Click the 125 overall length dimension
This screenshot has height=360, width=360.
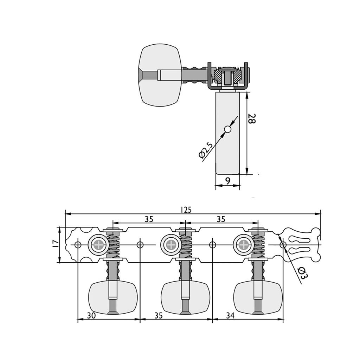pos(186,210)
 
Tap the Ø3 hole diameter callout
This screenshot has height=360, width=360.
pos(302,272)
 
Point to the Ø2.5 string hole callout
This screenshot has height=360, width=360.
pos(205,150)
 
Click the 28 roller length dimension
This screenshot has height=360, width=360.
pos(252,118)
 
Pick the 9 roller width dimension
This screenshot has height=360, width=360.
pos(227,181)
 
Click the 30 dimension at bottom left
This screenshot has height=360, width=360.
pos(91,316)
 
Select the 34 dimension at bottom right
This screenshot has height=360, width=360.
pos(230,316)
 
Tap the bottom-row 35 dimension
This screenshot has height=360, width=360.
pos(158,316)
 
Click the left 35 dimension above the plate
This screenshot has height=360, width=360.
pos(149,219)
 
